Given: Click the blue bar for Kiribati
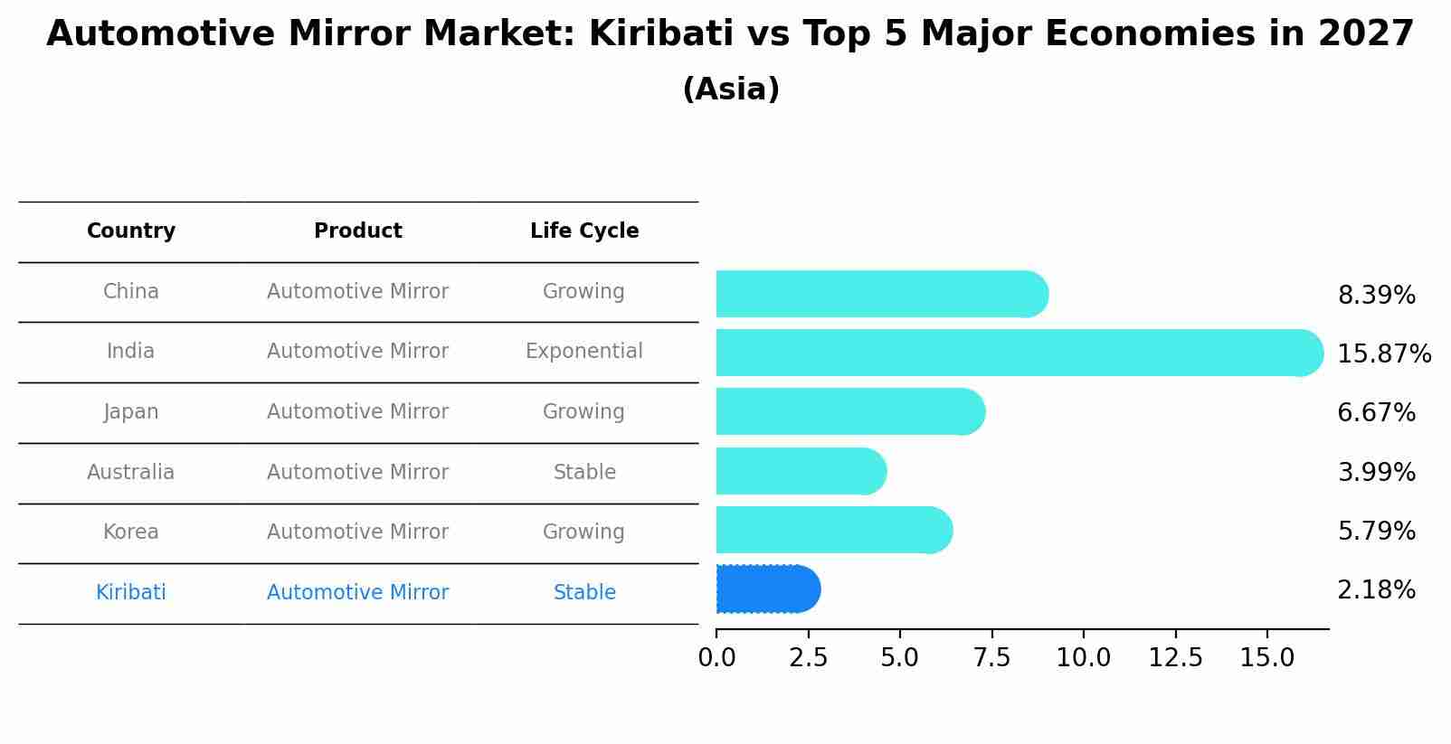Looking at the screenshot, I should tap(767, 589).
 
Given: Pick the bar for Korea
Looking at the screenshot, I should tap(833, 530).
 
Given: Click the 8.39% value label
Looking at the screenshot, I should tap(1376, 296).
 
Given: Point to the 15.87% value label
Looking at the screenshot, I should tap(1383, 354).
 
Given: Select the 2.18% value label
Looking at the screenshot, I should tap(1376, 590).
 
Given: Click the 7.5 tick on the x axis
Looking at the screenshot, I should tap(991, 658).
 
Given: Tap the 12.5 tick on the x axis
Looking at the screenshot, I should tap(1175, 658).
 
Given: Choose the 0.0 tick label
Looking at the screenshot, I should tap(716, 658).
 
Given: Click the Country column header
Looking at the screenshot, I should tap(131, 231).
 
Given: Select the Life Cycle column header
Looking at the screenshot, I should tap(584, 231).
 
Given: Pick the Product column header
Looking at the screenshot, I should tap(357, 231).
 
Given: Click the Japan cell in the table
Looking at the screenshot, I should tap(131, 412).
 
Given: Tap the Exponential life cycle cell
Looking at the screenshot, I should tap(583, 352).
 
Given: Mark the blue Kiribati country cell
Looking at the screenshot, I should tap(131, 593).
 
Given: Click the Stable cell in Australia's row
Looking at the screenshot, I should tap(584, 473).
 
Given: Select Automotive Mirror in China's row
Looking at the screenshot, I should tap(357, 292).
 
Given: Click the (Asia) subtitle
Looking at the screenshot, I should tap(731, 89).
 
